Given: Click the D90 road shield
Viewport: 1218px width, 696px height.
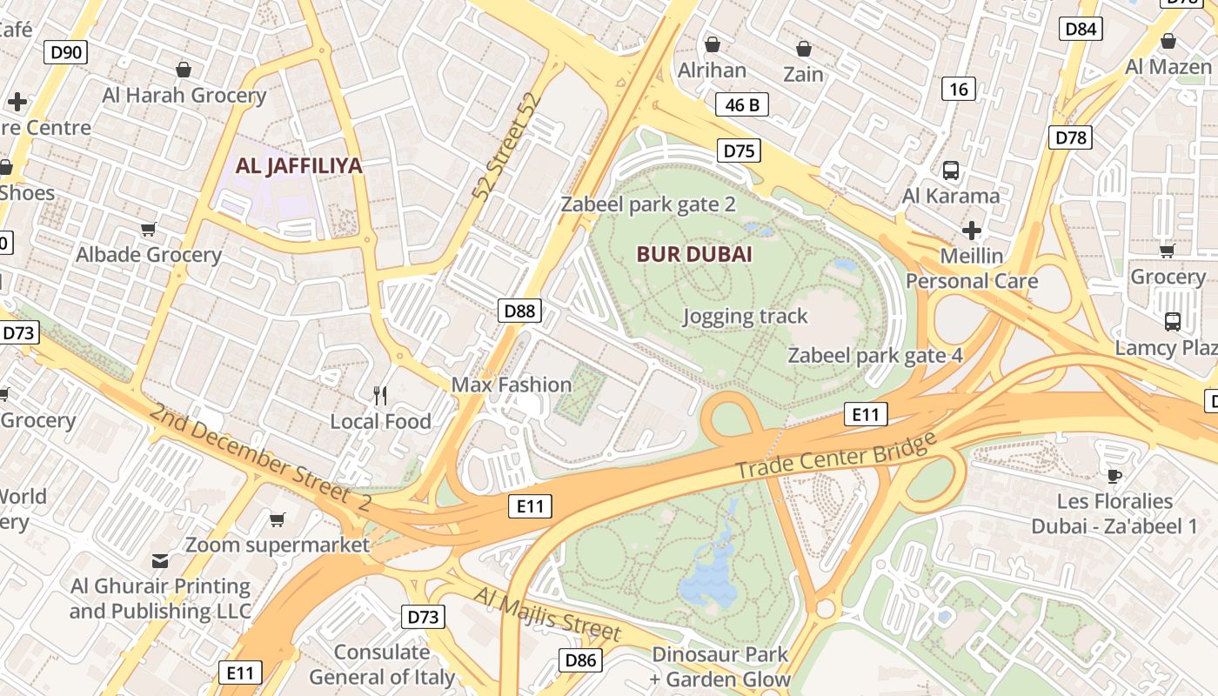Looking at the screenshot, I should click(x=66, y=52).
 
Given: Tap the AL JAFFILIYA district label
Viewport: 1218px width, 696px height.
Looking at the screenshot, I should click(x=298, y=165).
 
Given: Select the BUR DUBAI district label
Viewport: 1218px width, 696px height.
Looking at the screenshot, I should click(x=694, y=255).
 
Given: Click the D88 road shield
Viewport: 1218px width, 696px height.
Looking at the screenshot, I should click(x=520, y=311).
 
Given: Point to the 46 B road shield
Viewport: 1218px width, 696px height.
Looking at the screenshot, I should click(x=742, y=105).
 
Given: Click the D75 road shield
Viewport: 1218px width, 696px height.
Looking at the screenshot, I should click(x=739, y=151).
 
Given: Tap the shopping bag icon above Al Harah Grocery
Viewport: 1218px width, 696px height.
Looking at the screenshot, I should click(x=184, y=69).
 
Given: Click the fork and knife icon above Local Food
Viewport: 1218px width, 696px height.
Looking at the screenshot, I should click(x=380, y=396).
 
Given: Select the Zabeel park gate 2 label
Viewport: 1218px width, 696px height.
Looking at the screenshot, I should click(x=648, y=204).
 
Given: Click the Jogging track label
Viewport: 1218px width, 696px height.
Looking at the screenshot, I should click(x=745, y=316).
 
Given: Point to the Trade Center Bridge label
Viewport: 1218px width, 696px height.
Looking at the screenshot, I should click(x=835, y=452).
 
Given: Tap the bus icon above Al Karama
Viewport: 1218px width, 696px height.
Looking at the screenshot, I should click(x=951, y=171).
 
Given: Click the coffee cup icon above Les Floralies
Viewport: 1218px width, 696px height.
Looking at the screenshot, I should click(x=1114, y=476).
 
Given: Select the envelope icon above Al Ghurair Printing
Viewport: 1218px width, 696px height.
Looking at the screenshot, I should click(x=160, y=560).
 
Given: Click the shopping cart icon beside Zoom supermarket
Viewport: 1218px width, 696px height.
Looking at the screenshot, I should click(x=278, y=519).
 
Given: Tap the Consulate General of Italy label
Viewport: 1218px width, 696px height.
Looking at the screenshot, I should click(x=382, y=664).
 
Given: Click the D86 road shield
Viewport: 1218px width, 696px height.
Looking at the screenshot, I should click(x=580, y=659).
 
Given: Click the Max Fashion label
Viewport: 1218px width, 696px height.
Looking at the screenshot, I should click(x=512, y=385).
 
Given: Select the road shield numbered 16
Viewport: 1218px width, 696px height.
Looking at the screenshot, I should click(x=959, y=89).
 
